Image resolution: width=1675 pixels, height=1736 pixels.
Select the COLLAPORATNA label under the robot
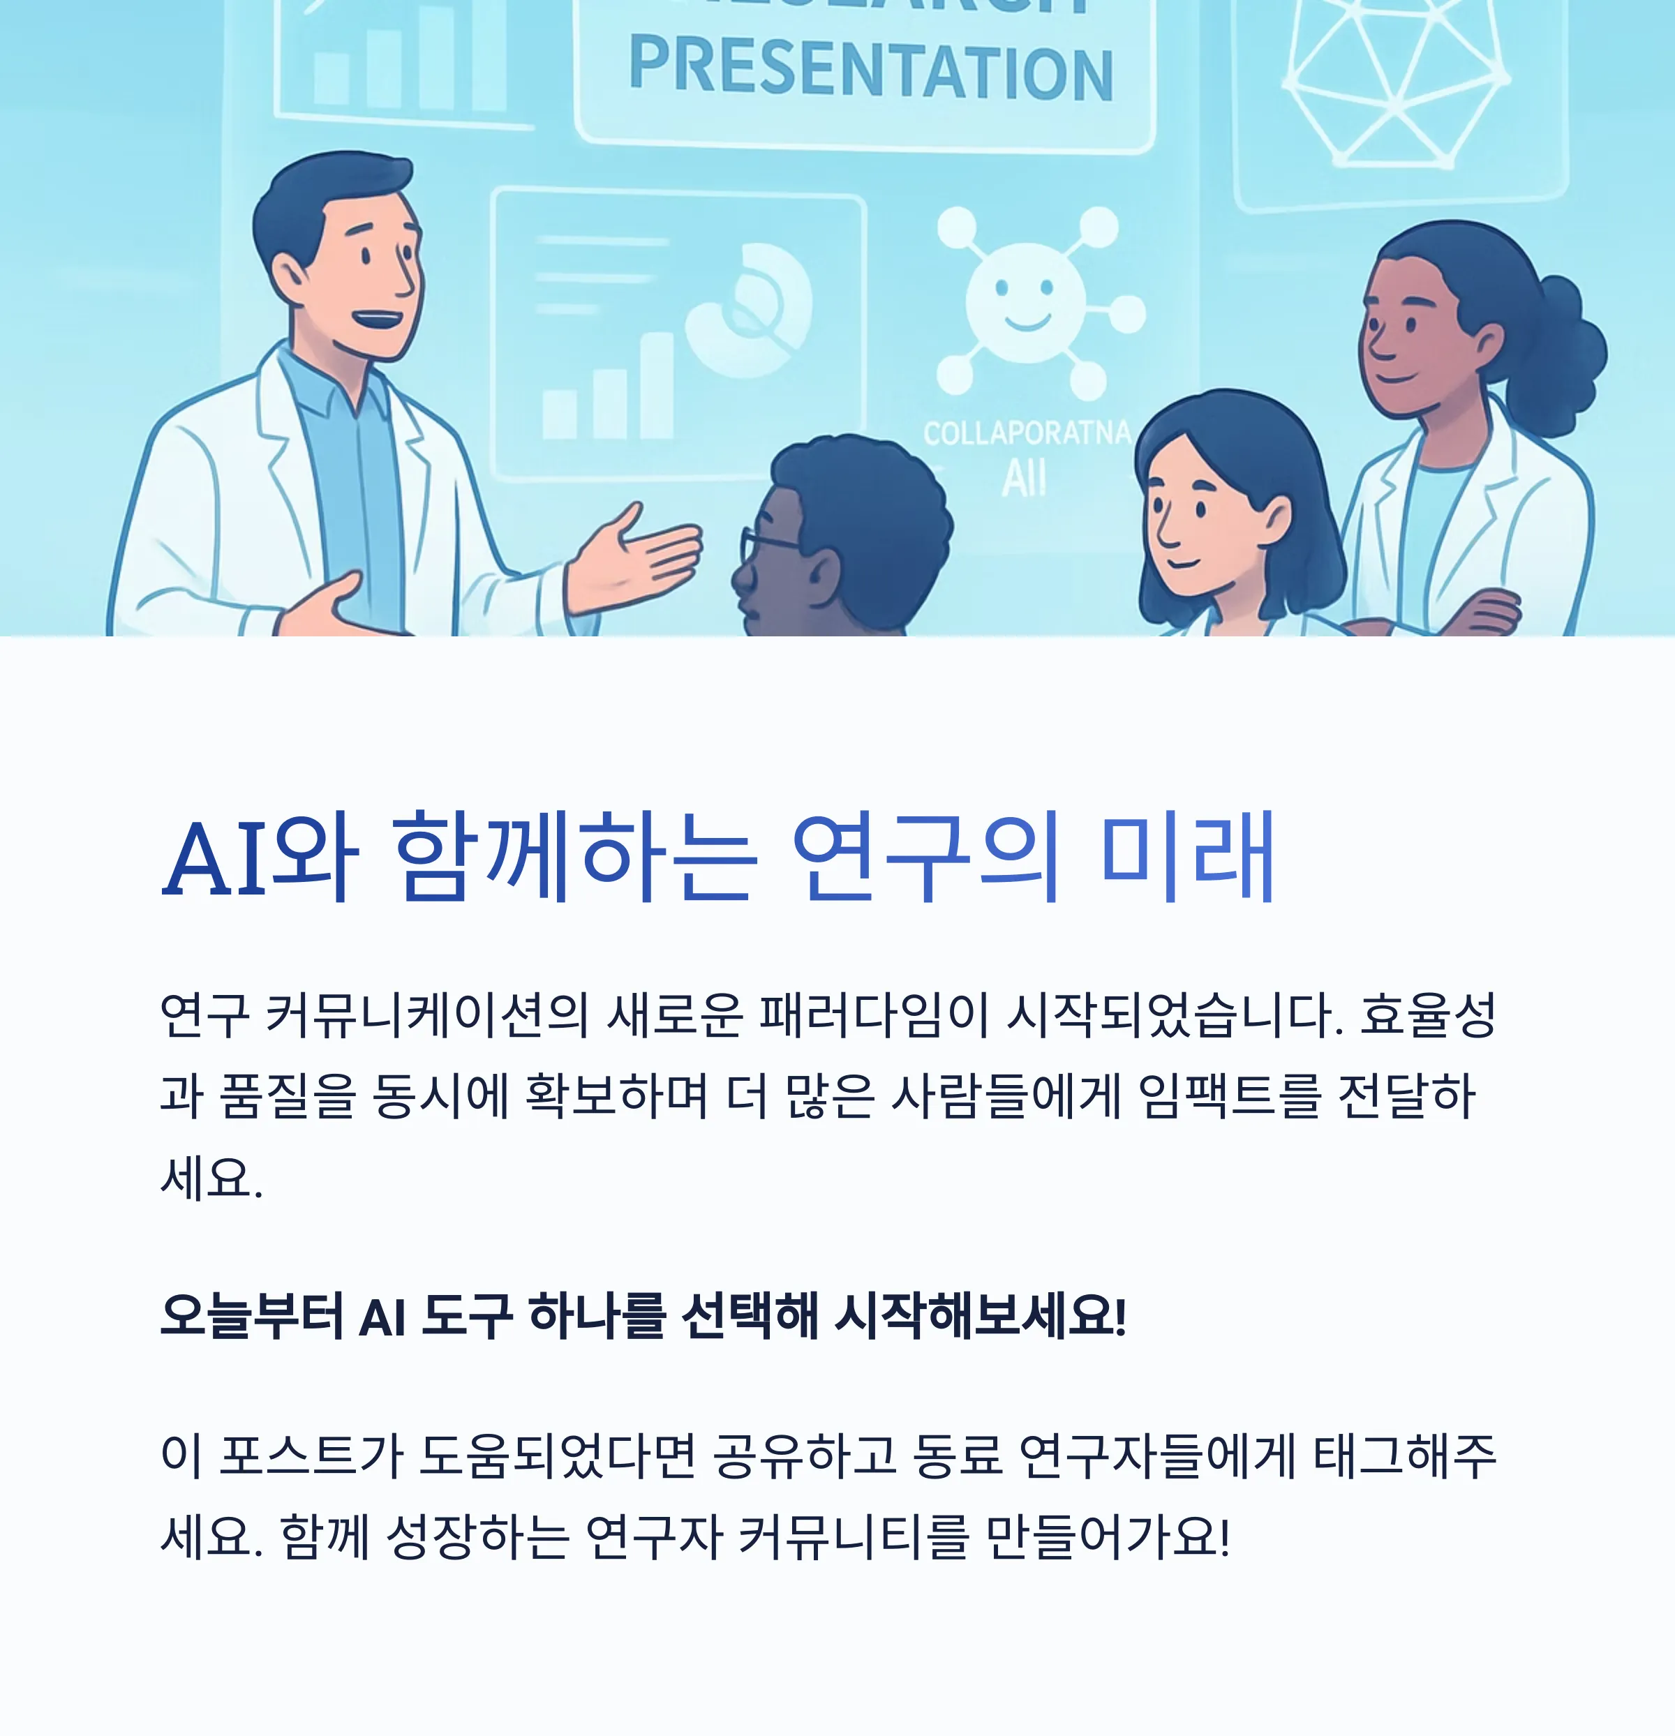[x=1026, y=433]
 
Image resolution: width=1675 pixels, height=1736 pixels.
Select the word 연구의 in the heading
[x=925, y=858]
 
